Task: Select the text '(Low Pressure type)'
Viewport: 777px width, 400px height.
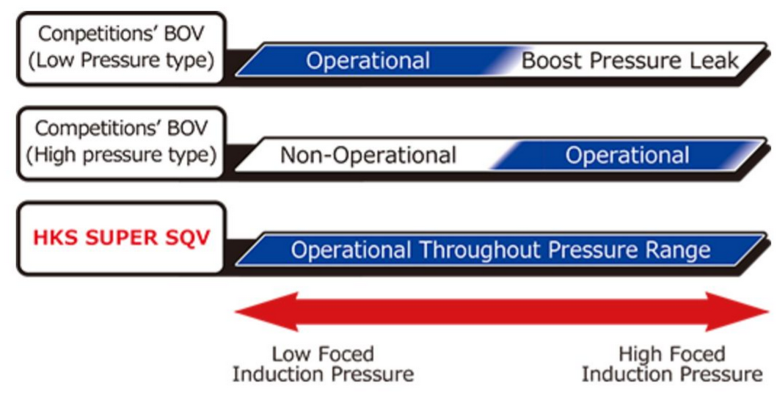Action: pyautogui.click(x=121, y=60)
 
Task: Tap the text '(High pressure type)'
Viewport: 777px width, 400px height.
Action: pyautogui.click(x=121, y=155)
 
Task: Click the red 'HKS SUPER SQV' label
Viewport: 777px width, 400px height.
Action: pyautogui.click(x=121, y=238)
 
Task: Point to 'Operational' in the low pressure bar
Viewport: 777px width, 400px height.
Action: pyautogui.click(x=368, y=61)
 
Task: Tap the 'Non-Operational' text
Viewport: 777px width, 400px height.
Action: pyautogui.click(x=368, y=156)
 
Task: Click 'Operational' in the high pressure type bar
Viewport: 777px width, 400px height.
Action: pyautogui.click(x=627, y=156)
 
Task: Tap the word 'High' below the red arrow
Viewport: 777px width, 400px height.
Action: pyautogui.click(x=641, y=354)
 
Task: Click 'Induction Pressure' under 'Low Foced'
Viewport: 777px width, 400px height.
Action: pyautogui.click(x=323, y=374)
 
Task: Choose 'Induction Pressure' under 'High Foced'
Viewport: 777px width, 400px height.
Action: pyautogui.click(x=672, y=374)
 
